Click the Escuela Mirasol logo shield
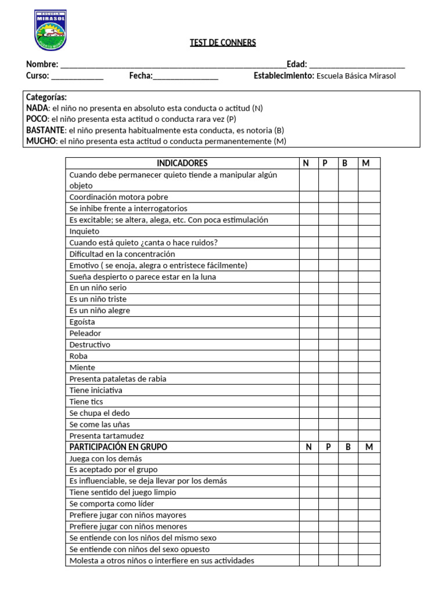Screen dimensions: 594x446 click(x=51, y=30)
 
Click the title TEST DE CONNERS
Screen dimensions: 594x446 click(x=222, y=42)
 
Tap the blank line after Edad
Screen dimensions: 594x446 click(x=357, y=66)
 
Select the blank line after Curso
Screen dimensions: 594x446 click(x=77, y=77)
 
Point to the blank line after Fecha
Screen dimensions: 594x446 click(x=186, y=77)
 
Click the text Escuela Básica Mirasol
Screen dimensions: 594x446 click(x=356, y=76)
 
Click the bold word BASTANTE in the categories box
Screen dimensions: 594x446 click(x=45, y=130)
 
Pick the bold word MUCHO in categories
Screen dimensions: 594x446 click(x=41, y=141)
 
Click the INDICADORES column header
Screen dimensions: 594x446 click(x=182, y=163)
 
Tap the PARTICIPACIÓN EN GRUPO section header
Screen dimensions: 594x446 click(x=118, y=447)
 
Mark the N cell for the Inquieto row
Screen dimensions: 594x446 click(x=308, y=231)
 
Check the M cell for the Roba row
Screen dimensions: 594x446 click(x=369, y=356)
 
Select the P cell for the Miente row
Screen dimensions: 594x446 click(x=328, y=367)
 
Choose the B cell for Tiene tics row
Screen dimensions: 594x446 click(x=348, y=401)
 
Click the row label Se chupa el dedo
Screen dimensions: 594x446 click(x=99, y=413)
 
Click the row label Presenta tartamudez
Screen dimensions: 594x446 click(x=106, y=436)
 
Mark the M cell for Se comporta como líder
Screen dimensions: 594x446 click(x=369, y=504)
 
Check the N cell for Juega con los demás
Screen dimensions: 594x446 click(x=308, y=458)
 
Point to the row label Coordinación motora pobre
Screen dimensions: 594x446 click(x=118, y=197)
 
